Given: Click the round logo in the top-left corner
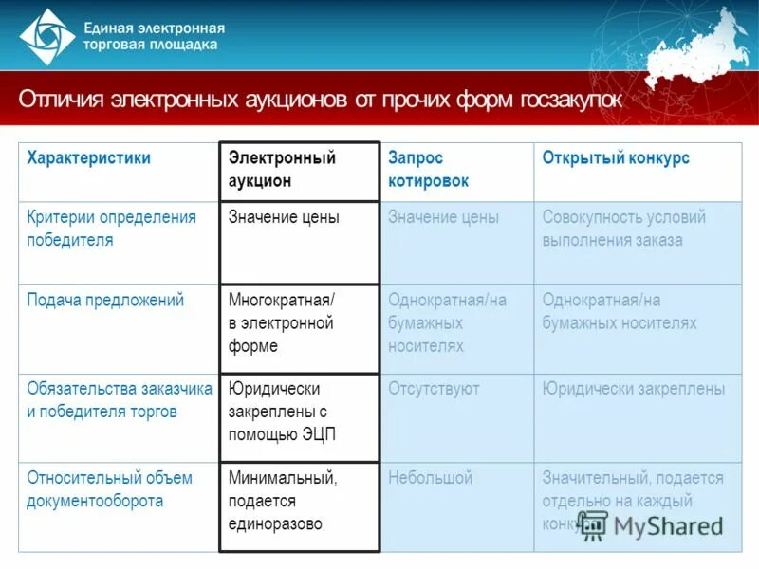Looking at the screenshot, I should pos(46,36).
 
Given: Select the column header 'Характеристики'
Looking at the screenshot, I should pos(89,158).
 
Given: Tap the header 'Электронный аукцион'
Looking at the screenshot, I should pos(283,169).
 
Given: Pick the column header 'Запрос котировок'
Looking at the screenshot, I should pos(428,169).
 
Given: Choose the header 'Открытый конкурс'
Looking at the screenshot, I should pos(616,158).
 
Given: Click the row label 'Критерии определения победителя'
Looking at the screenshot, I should pos(112,229).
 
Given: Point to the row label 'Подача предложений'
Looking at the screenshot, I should pos(105,301).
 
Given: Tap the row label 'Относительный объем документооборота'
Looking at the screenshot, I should pos(110,488).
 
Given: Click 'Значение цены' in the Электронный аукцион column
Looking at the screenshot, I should pos(284,217).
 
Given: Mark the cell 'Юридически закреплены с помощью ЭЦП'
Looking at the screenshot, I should pos(282,412).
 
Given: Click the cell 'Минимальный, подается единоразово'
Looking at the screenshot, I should pos(283,500).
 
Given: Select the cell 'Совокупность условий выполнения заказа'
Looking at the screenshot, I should pos(623,229).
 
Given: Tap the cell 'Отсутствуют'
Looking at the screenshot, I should pos(434,389).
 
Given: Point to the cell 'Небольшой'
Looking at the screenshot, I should pos(430,478).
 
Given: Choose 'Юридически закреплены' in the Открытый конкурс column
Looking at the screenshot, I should pos(634,389).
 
